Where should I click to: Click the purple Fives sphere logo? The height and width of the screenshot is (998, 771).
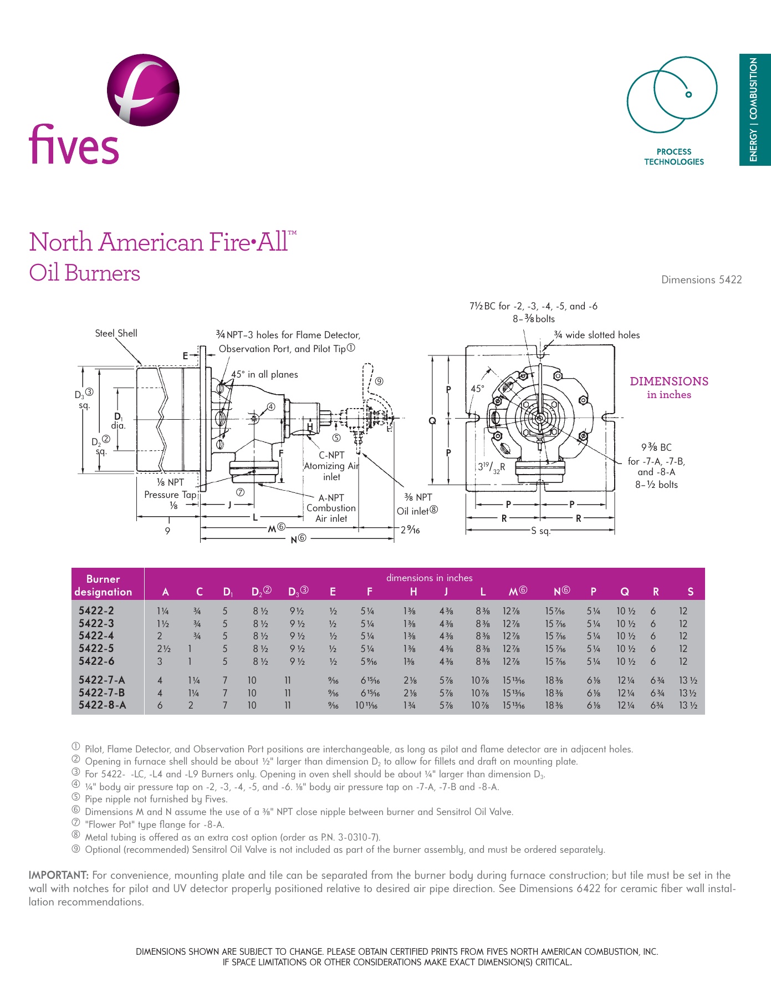coord(143,90)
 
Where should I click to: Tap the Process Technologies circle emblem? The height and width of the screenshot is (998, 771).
coord(672,94)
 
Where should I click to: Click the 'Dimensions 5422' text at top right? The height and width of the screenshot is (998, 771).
coord(701,280)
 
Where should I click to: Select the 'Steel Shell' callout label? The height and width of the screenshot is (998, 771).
coord(116,333)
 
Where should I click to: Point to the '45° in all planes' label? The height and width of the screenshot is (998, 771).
coord(264,374)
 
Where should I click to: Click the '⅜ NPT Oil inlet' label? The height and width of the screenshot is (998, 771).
coord(417,504)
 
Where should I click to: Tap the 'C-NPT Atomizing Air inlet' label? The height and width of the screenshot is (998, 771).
coord(331,466)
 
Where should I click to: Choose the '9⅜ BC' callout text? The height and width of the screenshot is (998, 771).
coord(656,447)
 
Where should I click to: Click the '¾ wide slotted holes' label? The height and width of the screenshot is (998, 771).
coord(597,335)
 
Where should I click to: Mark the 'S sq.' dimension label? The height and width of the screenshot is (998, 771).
coord(540,531)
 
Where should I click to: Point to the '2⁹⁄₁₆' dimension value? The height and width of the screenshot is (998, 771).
coord(410,530)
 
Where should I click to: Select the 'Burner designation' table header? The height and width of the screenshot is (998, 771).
coord(103,585)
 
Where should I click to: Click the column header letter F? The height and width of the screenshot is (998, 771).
coord(369,592)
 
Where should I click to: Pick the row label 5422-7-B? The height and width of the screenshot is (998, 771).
coord(101,693)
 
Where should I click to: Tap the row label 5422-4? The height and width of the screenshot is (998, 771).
coord(96,636)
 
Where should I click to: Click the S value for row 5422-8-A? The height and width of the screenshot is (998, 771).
coord(688,705)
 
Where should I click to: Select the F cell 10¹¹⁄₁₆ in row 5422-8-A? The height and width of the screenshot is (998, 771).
coord(366,705)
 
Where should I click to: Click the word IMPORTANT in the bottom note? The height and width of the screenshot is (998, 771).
coord(58,875)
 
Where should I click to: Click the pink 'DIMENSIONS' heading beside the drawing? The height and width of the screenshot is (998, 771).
coord(669,381)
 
